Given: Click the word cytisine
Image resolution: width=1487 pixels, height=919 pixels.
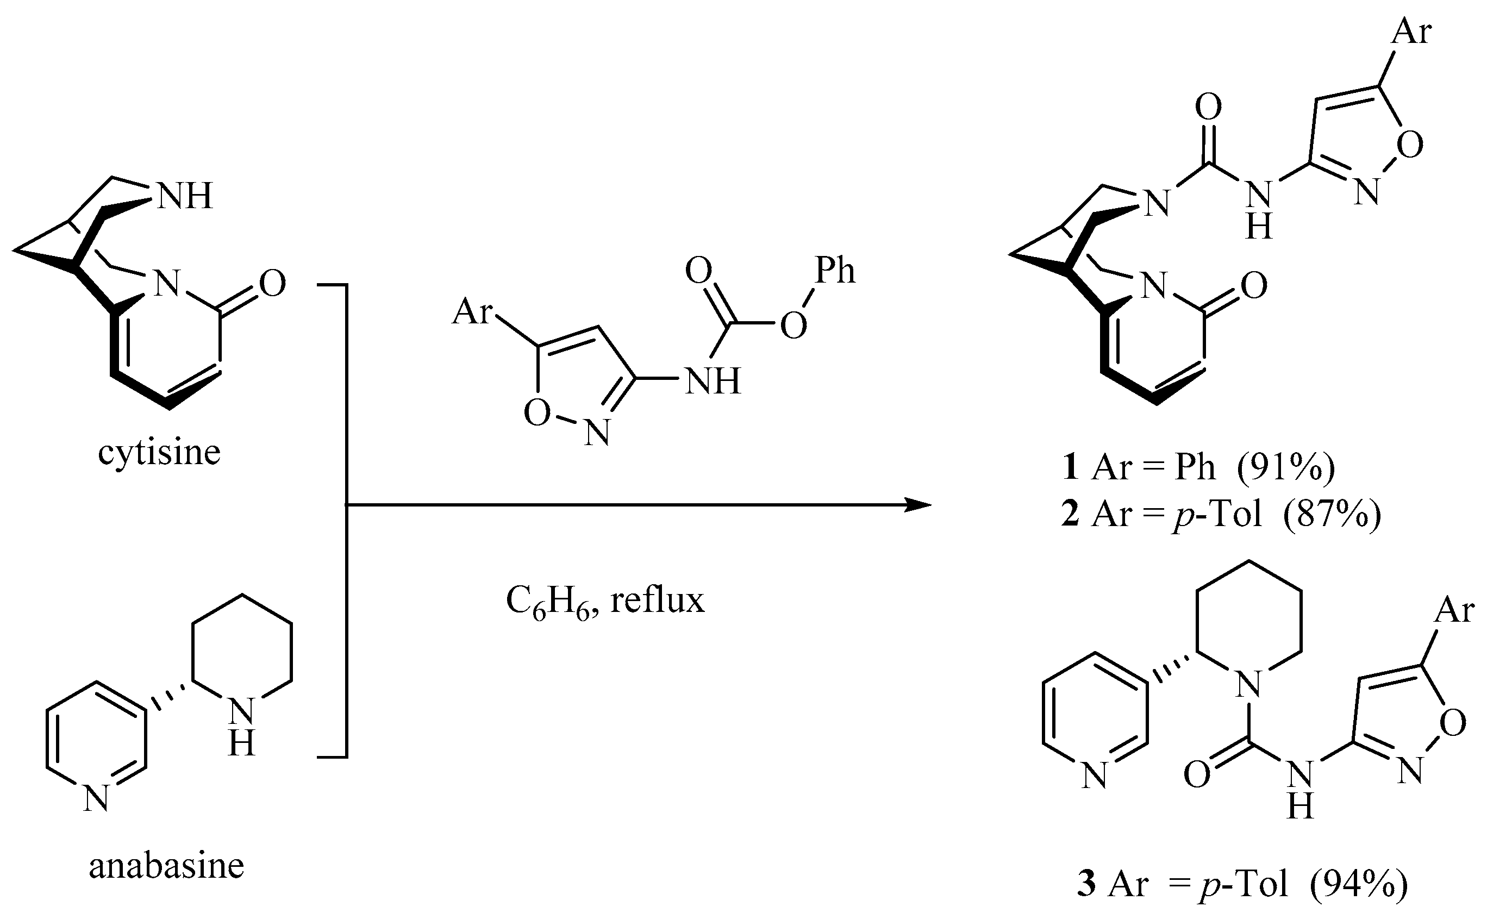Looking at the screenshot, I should tap(159, 453).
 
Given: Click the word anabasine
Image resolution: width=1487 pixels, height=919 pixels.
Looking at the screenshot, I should tap(166, 866).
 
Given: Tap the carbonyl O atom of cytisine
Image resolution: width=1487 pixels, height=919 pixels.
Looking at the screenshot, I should tap(272, 283).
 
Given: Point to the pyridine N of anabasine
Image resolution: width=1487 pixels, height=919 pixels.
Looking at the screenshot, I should tap(96, 798).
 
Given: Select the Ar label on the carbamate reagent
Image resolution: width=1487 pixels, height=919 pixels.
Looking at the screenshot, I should tap(472, 312).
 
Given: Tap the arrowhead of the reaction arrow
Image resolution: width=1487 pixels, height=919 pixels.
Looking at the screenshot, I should tap(917, 504).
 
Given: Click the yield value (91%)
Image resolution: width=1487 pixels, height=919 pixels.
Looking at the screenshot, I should tap(1287, 467).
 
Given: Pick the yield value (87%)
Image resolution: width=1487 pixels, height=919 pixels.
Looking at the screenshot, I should tap(1332, 514).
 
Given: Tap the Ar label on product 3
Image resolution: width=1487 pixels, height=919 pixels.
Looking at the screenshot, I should tap(1454, 610).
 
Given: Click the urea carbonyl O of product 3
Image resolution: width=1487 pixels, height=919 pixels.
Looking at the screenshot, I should tap(1198, 776).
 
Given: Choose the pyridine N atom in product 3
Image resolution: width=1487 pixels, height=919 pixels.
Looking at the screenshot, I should tap(1095, 777).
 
